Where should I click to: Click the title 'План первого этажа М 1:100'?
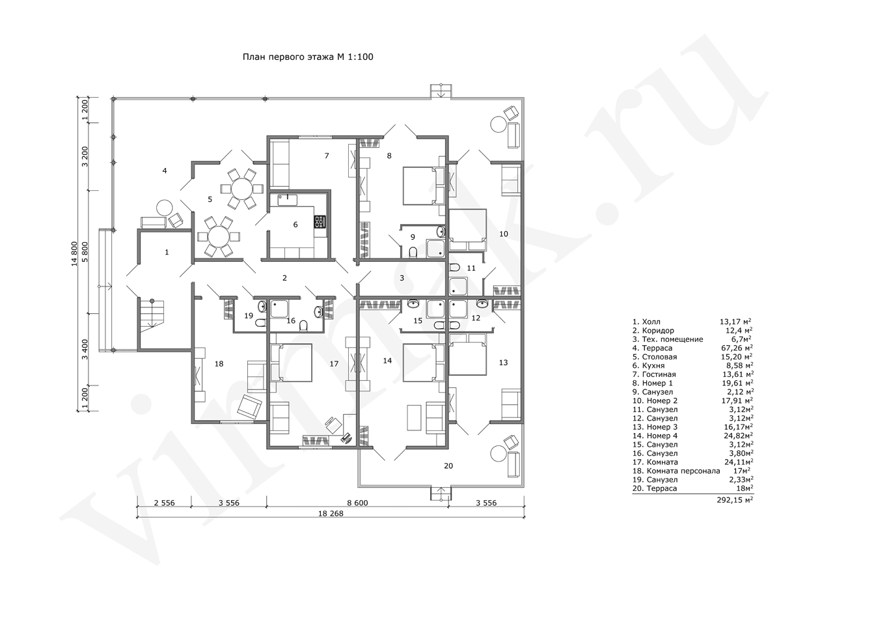pos(308,57)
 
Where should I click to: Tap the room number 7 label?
pos(327,156)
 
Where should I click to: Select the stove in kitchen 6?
pos(320,221)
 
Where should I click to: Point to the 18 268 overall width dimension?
pos(331,514)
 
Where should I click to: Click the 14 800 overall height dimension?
pos(74,254)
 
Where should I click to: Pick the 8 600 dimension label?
pos(357,503)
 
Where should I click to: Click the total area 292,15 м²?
pos(735,500)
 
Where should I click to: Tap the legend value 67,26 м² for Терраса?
pos(737,348)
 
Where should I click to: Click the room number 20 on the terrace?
pos(448,466)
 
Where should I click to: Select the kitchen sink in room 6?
pos(287,200)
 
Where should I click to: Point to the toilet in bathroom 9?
pos(413,252)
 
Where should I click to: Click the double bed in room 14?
pos(423,362)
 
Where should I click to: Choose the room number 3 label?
pos(402,278)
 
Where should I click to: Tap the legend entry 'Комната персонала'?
pos(683,471)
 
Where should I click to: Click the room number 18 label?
pos(219,363)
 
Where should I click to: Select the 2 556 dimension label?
pos(164,503)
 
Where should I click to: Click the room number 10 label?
pos(503,234)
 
